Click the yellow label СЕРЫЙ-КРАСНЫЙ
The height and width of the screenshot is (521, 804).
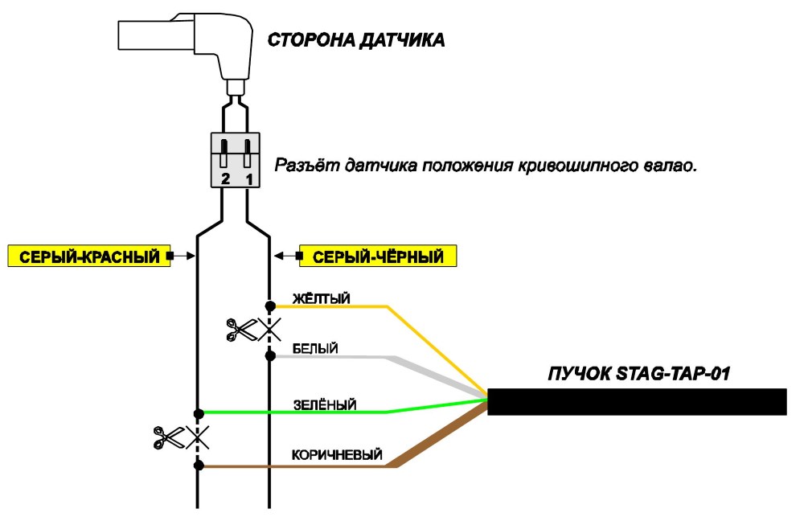89,256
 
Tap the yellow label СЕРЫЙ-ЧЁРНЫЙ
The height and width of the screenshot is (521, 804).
378,256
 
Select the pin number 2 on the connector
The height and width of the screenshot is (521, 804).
225,179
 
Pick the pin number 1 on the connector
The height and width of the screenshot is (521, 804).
249,179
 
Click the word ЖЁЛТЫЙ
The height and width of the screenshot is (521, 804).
321,298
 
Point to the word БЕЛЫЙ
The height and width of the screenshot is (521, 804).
315,349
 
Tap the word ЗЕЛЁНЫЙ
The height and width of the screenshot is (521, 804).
325,404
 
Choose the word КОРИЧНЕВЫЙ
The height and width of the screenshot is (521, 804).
337,455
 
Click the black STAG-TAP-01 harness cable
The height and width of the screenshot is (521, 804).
637,401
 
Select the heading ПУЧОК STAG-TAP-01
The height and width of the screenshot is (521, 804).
639,373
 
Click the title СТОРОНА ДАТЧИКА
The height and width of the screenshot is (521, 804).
356,40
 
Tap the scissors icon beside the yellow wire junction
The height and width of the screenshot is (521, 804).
242,329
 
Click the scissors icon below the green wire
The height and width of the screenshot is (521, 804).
169,437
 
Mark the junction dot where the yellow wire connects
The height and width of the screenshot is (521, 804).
270,306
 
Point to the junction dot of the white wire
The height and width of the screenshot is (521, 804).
270,356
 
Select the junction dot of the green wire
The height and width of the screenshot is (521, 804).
199,413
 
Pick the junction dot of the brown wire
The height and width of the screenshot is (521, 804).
199,466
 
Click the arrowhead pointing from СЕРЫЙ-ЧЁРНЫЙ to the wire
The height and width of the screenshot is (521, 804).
278,256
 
